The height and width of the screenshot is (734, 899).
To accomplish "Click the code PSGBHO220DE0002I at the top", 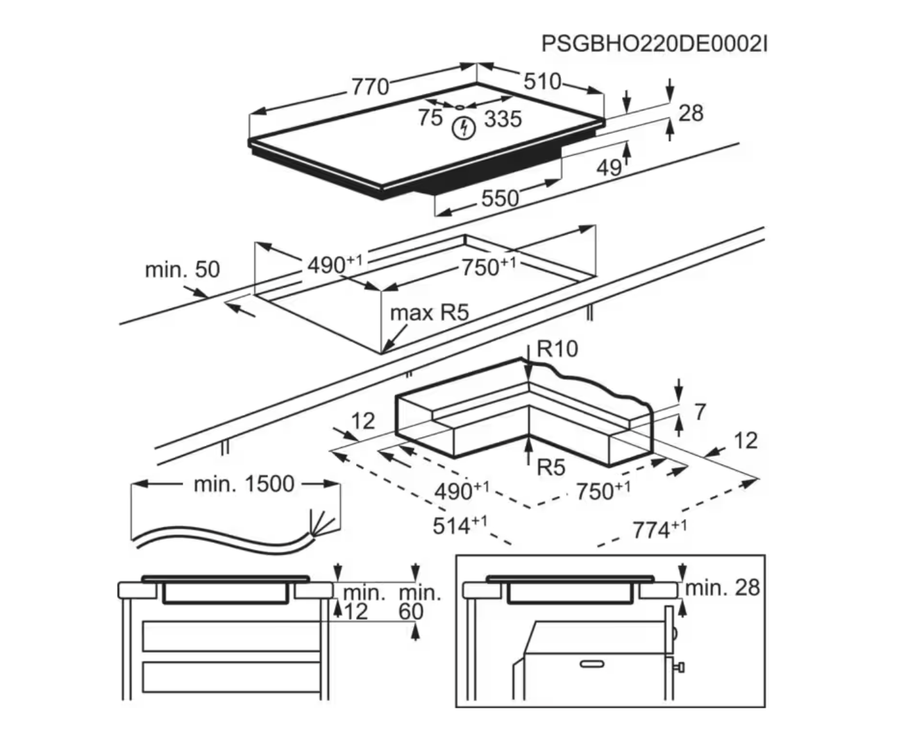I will tap(654, 44).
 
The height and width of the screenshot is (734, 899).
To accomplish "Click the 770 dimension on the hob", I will tap(370, 87).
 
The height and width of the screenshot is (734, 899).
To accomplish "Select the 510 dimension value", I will tap(542, 81).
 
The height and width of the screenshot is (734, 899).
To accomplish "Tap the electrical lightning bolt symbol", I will tap(463, 128).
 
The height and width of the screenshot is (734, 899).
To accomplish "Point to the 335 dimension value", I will tap(503, 119).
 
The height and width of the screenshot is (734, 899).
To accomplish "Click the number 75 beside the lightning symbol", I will tap(430, 118).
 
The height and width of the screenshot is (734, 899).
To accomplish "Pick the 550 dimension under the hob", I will tap(500, 198).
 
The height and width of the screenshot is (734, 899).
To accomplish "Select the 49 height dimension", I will tap(609, 167).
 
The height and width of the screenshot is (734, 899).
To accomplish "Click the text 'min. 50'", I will tap(182, 269).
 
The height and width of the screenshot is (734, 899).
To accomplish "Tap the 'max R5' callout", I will tap(430, 313).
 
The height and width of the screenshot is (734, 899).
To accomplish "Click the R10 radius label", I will tap(557, 349).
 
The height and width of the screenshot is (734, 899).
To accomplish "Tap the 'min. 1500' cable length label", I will tap(244, 484).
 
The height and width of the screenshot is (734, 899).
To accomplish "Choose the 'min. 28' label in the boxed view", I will tap(723, 588).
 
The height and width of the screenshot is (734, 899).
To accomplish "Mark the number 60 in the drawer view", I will tap(411, 611).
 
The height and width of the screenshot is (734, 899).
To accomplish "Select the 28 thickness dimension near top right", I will tap(691, 114).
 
